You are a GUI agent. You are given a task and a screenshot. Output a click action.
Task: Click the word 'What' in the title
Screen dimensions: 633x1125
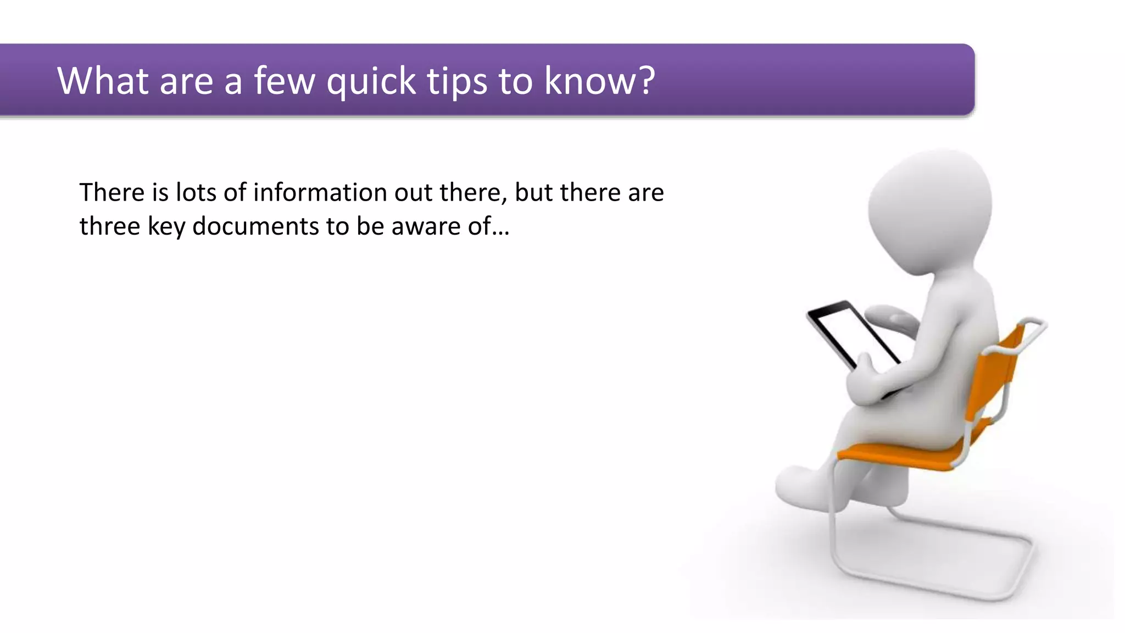pos(103,81)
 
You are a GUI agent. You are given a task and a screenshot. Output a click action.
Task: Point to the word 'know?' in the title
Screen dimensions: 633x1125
pos(599,81)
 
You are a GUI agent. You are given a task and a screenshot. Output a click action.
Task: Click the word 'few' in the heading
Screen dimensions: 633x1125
pos(284,81)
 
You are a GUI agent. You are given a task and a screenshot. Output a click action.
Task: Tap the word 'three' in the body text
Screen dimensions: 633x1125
pos(109,226)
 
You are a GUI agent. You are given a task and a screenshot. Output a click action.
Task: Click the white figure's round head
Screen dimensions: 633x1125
pos(931,209)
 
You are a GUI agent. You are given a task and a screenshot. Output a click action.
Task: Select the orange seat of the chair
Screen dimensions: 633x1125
pos(901,456)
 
